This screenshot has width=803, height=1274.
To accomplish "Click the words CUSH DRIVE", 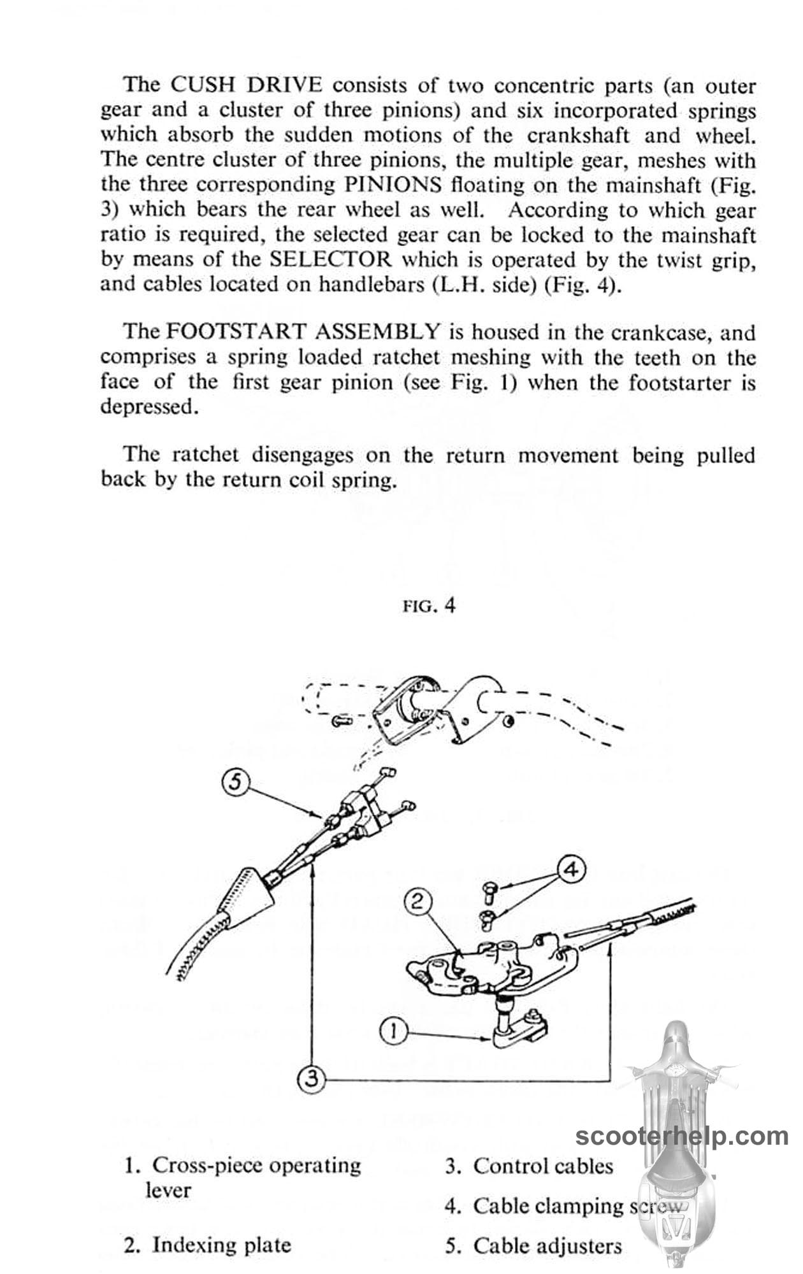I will tap(242, 85).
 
